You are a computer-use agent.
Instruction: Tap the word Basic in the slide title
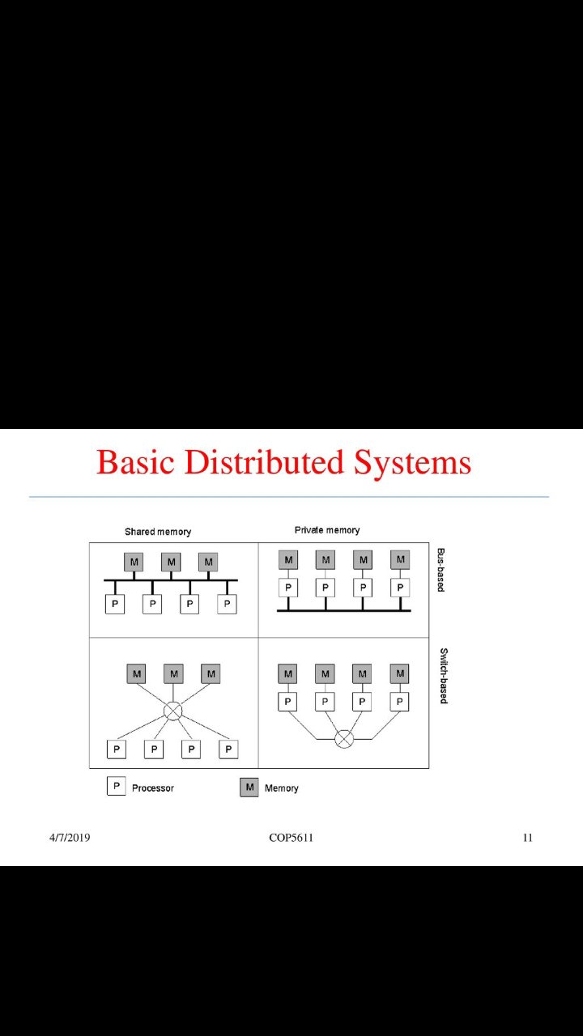coord(136,462)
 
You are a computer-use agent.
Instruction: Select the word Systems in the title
coord(412,462)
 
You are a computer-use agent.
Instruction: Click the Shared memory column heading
coord(158,532)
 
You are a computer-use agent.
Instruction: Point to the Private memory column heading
coord(327,530)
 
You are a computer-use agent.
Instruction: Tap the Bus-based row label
coord(441,570)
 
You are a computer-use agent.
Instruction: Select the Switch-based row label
coord(444,676)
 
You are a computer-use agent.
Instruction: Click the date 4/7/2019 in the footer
coord(70,838)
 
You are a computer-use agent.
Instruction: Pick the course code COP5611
coord(291,838)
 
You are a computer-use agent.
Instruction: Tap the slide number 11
coord(527,838)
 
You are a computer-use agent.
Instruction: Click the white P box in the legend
coord(116,787)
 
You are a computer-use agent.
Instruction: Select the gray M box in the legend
coord(249,788)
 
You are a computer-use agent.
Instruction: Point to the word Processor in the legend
coord(153,788)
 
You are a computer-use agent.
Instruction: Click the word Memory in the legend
coord(282,788)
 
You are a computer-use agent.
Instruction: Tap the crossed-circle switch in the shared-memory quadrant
coord(172,711)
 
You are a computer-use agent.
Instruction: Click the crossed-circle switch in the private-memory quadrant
coord(344,738)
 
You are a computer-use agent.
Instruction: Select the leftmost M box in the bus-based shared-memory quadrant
coord(134,562)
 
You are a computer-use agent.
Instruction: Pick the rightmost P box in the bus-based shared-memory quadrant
coord(228,604)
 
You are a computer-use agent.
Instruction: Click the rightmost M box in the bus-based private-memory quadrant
coord(400,559)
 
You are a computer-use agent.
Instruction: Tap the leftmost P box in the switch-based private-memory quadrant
coord(287,702)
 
